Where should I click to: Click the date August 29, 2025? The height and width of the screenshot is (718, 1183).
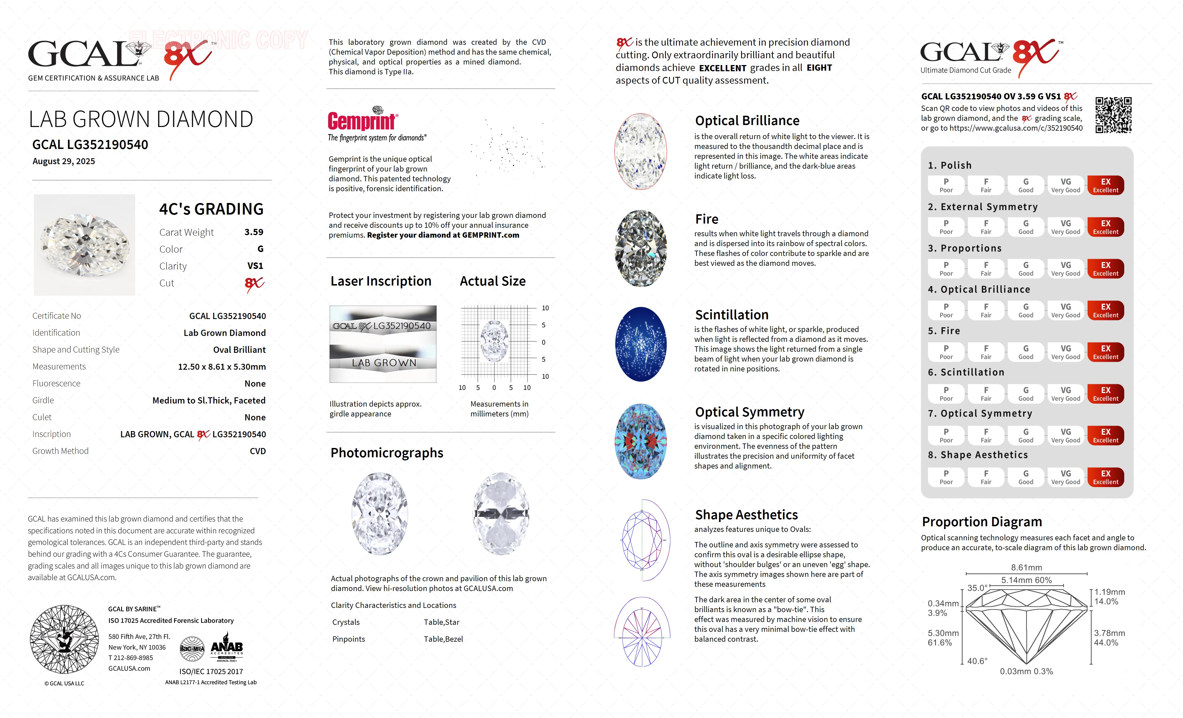coord(64,161)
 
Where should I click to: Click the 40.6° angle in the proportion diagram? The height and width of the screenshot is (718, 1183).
coord(977,661)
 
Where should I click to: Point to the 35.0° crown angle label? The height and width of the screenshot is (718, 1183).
coord(977,588)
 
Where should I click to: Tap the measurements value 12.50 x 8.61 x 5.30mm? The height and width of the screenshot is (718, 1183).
coord(222,367)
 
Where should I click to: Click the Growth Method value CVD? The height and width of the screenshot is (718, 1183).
coord(258,451)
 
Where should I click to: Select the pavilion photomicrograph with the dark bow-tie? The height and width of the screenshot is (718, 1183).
coord(501,514)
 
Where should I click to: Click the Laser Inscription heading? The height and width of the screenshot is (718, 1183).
coord(381,281)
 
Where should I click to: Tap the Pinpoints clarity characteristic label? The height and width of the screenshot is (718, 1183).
coord(349,639)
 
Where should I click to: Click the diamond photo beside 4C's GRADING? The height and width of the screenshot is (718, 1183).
coord(84,245)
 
